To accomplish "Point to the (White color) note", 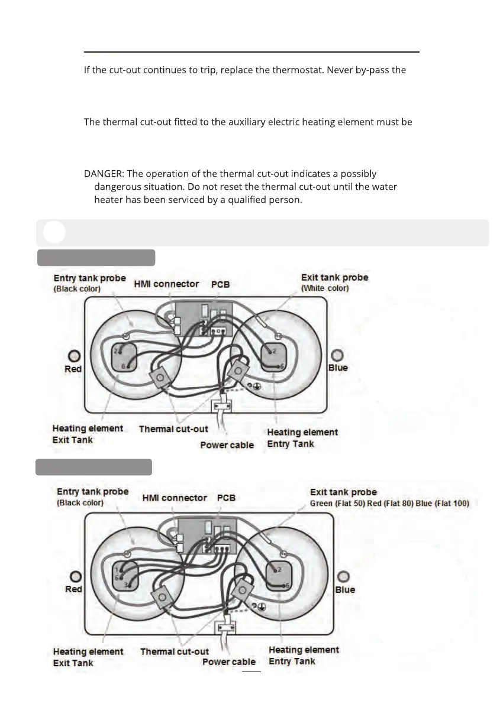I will (x=325, y=288).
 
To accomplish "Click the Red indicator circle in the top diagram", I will (x=75, y=356).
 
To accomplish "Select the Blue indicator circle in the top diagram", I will (x=337, y=355).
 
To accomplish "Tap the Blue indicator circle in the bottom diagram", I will (x=343, y=576).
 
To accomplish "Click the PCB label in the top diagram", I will (x=220, y=284).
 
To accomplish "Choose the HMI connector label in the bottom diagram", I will (x=175, y=498).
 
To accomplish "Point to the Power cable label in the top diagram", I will (x=227, y=445).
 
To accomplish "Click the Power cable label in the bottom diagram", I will (x=229, y=662).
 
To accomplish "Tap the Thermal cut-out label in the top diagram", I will (x=173, y=429).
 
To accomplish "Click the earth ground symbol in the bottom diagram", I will (x=262, y=606).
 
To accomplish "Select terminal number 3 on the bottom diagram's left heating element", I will (x=125, y=585).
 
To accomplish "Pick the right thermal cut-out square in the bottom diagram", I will (x=241, y=590).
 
